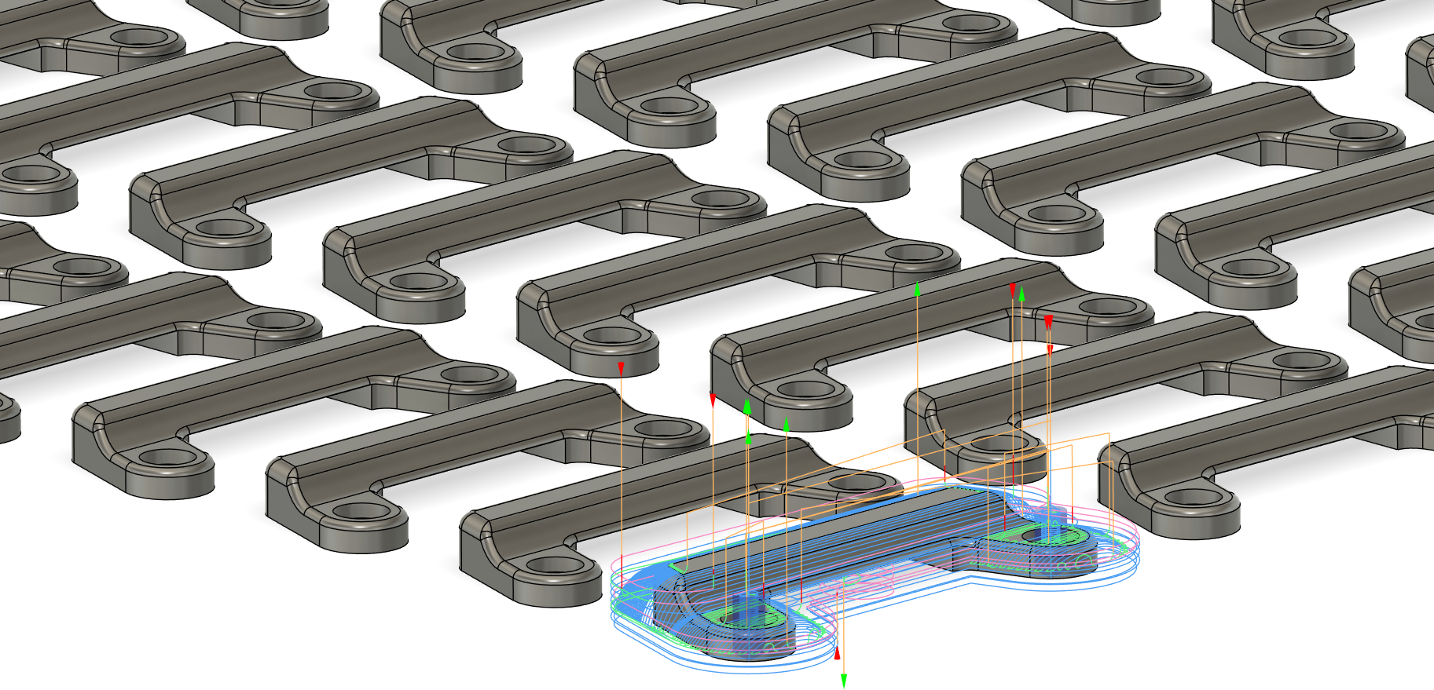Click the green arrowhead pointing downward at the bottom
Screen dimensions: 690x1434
pos(844,681)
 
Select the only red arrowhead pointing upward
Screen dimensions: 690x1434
pos(838,653)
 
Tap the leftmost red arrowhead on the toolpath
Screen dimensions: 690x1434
pos(621,368)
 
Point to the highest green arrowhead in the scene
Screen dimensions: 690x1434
pos(917,289)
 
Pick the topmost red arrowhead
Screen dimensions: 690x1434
pos(1013,290)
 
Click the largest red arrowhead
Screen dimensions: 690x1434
pos(1048,322)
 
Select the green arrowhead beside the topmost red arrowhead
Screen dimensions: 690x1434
pos(1021,294)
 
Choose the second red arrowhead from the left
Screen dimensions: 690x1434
pos(713,400)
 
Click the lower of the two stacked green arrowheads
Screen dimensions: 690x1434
pos(748,436)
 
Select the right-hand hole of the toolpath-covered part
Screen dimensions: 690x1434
pos(1047,536)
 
